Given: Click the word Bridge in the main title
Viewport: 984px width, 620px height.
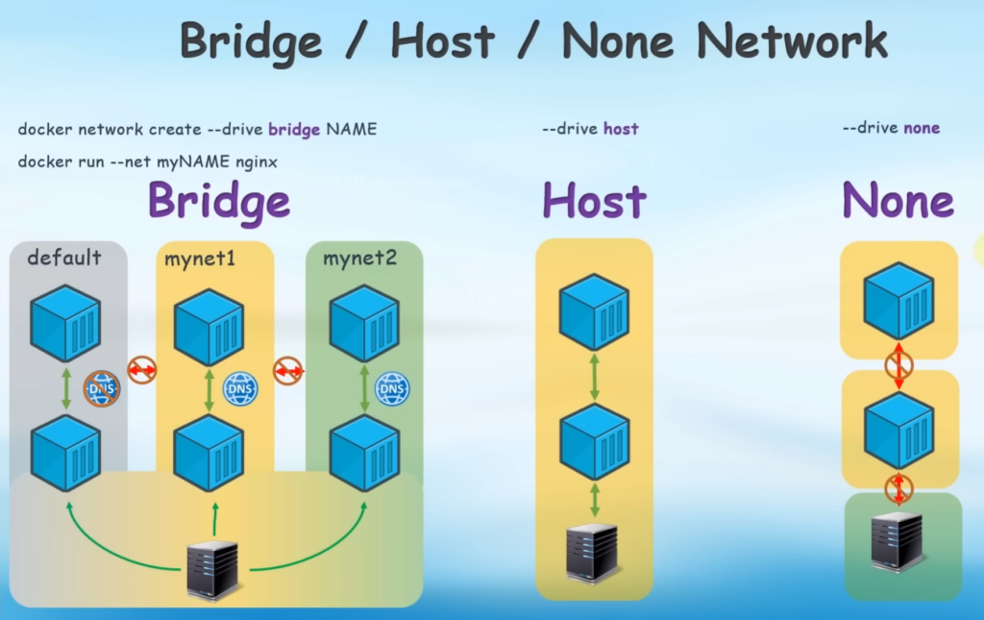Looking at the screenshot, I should [251, 40].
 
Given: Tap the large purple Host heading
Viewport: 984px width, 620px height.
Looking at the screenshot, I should [593, 201].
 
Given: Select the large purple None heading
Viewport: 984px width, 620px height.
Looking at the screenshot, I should [898, 201].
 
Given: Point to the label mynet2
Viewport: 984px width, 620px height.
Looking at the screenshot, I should [359, 258].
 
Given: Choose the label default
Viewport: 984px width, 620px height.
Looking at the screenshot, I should [64, 258].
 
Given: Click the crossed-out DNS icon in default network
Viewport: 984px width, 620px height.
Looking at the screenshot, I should [101, 389].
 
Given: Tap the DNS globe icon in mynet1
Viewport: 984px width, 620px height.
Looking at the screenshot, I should [240, 389].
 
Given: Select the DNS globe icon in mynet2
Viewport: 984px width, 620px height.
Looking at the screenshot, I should [392, 389].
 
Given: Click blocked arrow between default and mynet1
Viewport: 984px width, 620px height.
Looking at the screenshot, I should [142, 369].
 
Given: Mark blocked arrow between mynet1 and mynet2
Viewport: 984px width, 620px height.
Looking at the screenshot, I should [288, 369].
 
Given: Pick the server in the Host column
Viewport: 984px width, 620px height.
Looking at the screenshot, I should [592, 552].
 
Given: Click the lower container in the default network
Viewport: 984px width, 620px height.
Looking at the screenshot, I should [65, 452].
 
